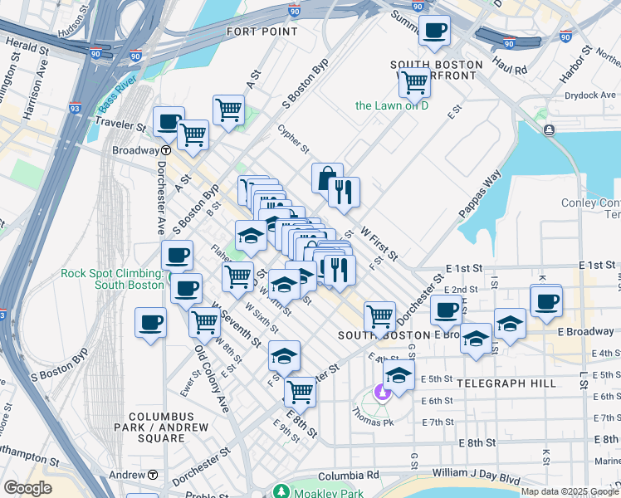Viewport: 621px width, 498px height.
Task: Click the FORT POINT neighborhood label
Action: [x=262, y=32]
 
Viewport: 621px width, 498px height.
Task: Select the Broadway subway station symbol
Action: [x=166, y=150]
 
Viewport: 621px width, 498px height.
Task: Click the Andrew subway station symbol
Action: [x=154, y=475]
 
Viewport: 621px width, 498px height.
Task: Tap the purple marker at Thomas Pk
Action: [x=383, y=391]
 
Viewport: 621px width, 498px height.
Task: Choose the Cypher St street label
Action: [x=293, y=139]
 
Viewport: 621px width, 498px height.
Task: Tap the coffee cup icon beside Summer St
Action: [x=434, y=32]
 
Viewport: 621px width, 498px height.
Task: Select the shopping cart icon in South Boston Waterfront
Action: [x=413, y=82]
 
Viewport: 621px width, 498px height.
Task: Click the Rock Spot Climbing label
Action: [x=110, y=280]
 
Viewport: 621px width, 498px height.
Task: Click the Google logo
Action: [x=27, y=488]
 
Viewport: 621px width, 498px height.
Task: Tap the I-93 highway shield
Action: [x=75, y=107]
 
